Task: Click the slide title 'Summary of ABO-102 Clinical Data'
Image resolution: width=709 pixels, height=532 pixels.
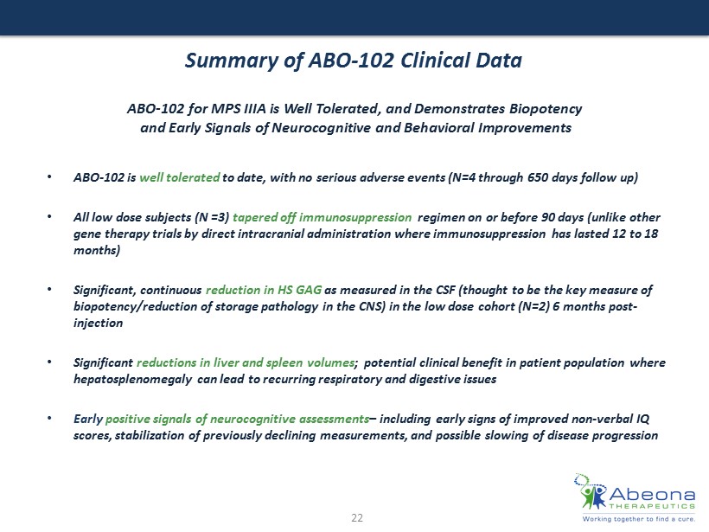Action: [x=354, y=61]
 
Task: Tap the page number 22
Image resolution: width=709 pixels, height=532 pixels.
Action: [x=357, y=518]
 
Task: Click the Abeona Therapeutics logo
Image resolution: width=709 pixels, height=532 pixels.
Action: [x=635, y=497]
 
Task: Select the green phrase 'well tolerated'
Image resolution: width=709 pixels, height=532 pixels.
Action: [x=180, y=176]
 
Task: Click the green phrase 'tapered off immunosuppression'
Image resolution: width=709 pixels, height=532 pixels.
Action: [x=322, y=217]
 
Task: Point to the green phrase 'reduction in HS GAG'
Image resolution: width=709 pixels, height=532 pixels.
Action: [x=264, y=290]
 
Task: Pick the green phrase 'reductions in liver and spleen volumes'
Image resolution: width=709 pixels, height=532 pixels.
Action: [x=246, y=362]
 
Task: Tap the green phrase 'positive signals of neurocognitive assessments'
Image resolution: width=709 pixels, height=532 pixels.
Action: [x=238, y=419]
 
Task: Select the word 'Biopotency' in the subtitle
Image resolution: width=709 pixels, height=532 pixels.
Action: [x=546, y=109]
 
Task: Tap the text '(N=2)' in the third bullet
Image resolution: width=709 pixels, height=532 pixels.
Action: [x=533, y=306]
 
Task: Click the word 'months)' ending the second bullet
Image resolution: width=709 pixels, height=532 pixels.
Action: [x=97, y=250]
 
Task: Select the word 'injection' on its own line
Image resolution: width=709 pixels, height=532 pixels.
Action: [x=98, y=323]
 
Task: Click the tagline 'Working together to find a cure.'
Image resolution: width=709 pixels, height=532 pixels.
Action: [x=638, y=519]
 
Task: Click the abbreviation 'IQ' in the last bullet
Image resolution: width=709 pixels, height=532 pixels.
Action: [x=643, y=419]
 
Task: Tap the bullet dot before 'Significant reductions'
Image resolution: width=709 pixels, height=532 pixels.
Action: [x=49, y=362]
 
